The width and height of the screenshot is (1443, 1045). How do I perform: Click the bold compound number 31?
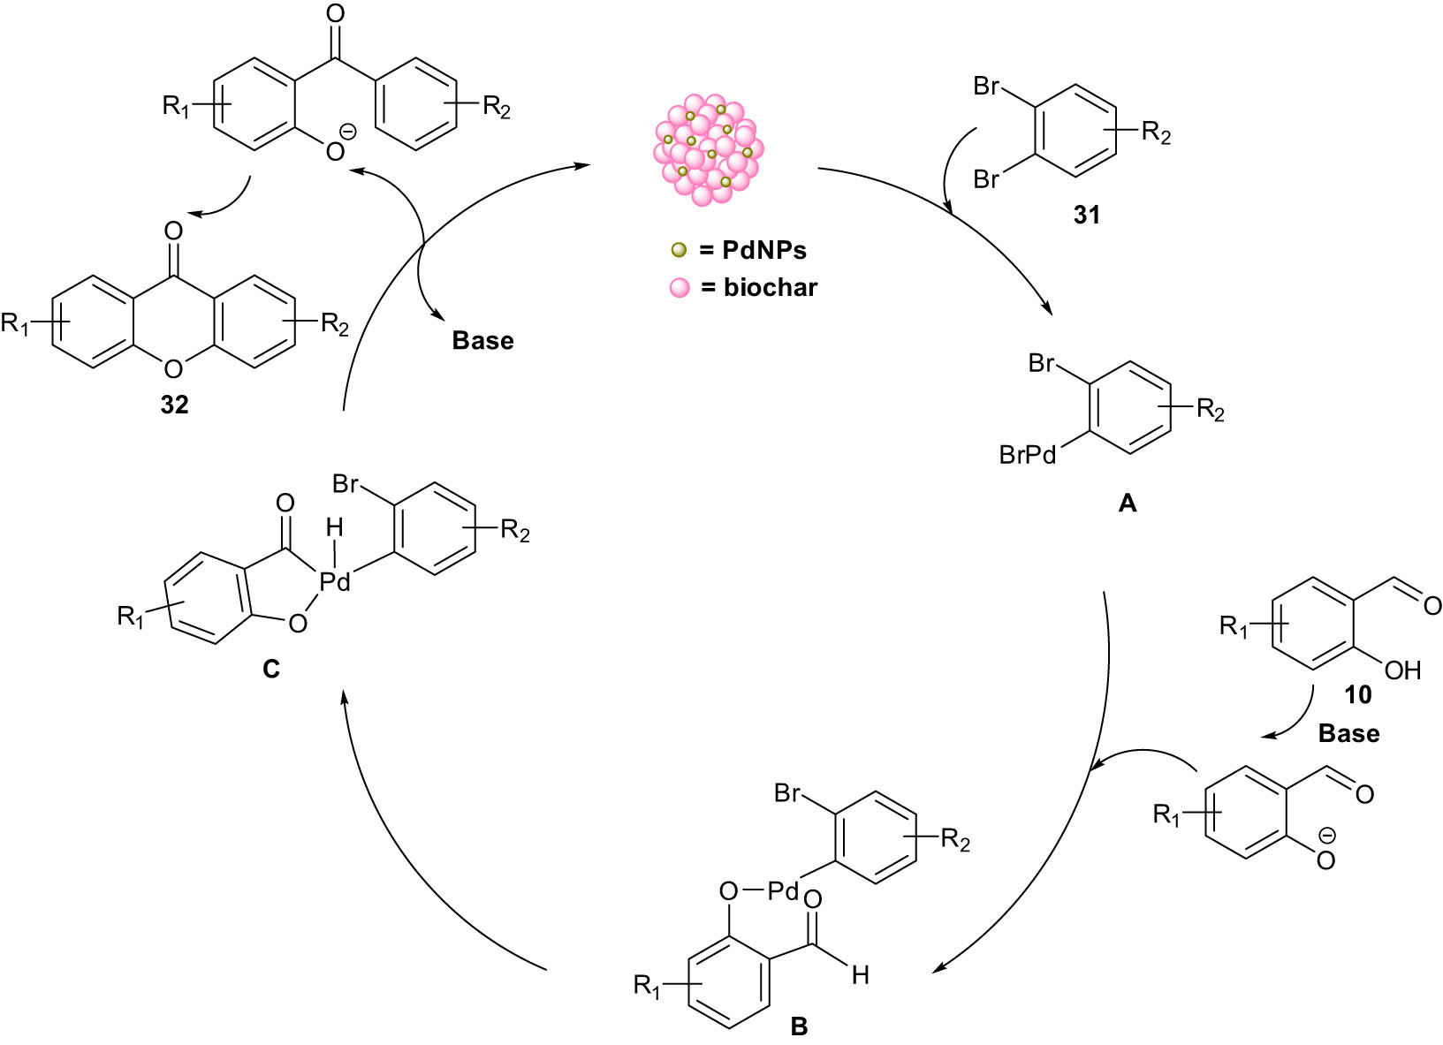[1086, 215]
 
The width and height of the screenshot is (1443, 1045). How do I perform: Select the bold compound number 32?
[174, 405]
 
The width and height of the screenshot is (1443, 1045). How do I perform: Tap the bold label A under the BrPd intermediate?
[1127, 504]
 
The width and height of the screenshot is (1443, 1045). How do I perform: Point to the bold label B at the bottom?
[799, 1026]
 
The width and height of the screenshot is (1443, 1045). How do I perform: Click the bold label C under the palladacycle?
[271, 670]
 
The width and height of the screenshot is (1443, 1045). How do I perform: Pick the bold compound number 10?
[1357, 695]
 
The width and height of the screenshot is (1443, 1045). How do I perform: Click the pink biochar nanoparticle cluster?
[709, 149]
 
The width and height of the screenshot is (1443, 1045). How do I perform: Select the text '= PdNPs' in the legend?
[753, 251]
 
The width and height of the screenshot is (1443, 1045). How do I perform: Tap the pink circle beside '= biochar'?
[679, 288]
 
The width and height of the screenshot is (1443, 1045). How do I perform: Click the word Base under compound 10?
[1348, 734]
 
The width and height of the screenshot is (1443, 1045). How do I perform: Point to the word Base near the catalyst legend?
[482, 341]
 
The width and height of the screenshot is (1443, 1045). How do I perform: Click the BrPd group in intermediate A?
[1028, 455]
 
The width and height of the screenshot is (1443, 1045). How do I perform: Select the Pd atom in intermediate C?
[335, 581]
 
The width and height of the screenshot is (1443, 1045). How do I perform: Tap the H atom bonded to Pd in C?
[334, 528]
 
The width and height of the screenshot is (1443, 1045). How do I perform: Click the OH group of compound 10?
[1402, 670]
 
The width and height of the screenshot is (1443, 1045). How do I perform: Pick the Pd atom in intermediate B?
[783, 891]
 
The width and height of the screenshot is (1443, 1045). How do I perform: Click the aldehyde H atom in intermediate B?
[860, 974]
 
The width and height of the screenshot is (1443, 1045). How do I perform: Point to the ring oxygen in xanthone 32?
[174, 368]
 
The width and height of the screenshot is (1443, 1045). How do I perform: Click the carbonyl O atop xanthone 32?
[174, 231]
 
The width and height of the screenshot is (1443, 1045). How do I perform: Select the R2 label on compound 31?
[1156, 133]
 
